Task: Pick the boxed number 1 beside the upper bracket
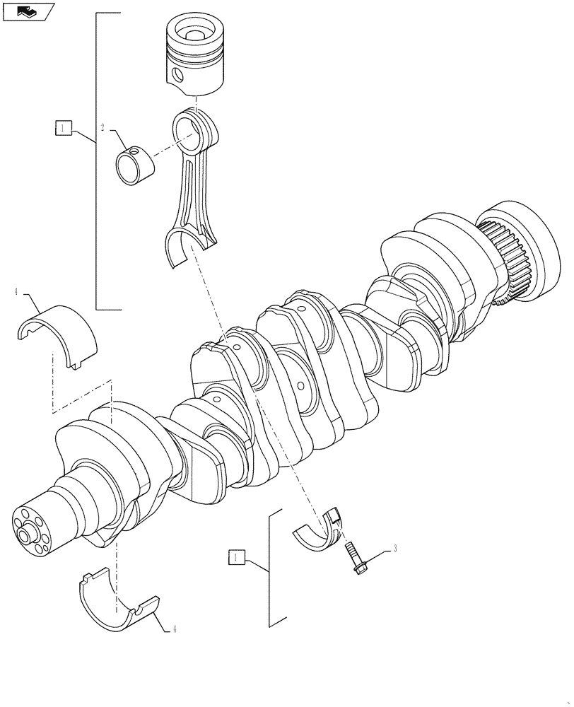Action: pos(63,128)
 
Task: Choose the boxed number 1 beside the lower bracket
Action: pos(236,559)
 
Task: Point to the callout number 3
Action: pos(395,548)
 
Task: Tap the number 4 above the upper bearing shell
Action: pos(16,291)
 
